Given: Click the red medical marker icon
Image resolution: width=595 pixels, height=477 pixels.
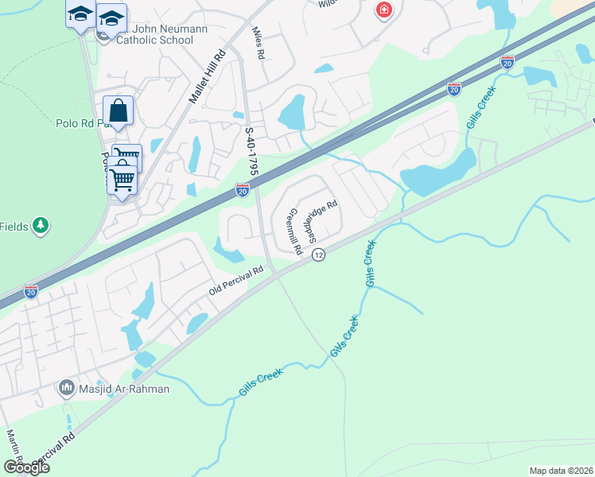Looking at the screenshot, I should (x=383, y=10).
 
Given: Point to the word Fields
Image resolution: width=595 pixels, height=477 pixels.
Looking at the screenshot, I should (x=14, y=227).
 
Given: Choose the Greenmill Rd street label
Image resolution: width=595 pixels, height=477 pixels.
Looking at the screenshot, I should (x=294, y=231).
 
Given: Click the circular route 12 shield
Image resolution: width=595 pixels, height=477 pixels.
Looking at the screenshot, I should (x=319, y=254).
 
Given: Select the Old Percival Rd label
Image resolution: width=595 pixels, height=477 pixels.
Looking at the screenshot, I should (x=235, y=281).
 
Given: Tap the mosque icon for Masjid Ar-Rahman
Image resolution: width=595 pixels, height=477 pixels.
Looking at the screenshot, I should (x=67, y=388).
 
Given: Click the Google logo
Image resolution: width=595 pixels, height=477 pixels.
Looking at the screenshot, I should (x=25, y=467).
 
